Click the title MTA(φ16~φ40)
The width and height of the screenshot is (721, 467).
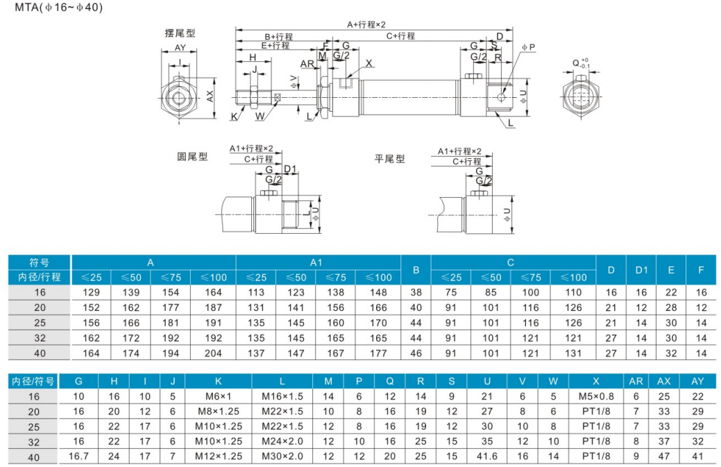pos(58,8)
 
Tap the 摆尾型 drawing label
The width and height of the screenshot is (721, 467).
pos(180,33)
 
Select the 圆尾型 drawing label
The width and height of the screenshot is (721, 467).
pos(192,157)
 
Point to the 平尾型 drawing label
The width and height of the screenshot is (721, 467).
pos(389,159)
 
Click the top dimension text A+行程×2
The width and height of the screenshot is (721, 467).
pos(366,24)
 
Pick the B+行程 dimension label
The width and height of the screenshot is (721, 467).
pos(278,37)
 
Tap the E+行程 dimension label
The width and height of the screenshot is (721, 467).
pos(275,45)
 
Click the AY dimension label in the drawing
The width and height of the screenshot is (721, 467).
pos(180,47)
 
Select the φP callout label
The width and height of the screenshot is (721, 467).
pos(528,47)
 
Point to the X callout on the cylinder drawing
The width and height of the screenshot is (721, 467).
pos(368,63)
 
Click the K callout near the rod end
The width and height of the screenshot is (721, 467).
pos(235,117)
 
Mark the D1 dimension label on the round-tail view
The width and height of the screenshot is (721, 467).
pos(290,169)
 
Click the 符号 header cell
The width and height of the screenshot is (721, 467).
pos(40,262)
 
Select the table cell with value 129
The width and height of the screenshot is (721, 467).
pos(91,293)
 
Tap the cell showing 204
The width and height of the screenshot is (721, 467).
pos(213,353)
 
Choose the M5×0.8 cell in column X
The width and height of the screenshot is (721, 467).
pos(596,396)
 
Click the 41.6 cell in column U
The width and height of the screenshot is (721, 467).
pos(487,457)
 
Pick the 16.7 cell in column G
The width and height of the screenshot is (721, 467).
pos(78,457)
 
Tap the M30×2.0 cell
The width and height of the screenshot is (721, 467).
pos(282,457)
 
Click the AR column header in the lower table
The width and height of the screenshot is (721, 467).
pos(636,382)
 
